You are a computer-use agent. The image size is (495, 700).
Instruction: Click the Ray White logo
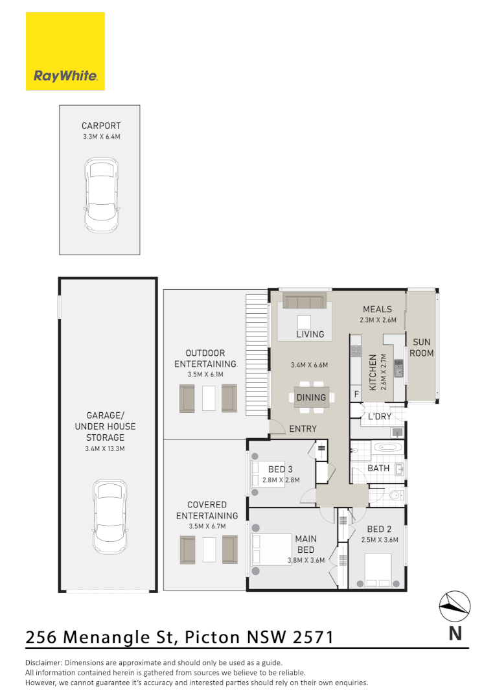point(65,51)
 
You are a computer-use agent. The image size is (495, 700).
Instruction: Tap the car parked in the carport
point(101,196)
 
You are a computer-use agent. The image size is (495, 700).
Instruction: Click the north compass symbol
point(455,607)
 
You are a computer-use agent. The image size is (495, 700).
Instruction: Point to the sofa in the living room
point(304,303)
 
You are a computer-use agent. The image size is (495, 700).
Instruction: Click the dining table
point(311,397)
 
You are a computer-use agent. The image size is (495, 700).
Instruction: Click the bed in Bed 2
point(378,568)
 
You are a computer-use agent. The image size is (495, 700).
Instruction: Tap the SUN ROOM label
point(421,347)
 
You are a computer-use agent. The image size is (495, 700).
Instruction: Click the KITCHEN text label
point(373,373)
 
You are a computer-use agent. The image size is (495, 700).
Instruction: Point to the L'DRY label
point(379,416)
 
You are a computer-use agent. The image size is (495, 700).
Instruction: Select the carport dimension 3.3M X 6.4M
point(101,137)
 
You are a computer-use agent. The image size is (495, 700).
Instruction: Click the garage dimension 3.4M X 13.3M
point(106,448)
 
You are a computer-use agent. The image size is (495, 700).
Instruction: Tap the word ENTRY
point(303,429)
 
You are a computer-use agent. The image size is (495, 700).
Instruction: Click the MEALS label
point(377,309)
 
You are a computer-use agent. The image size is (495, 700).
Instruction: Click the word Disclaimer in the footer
point(43,662)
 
